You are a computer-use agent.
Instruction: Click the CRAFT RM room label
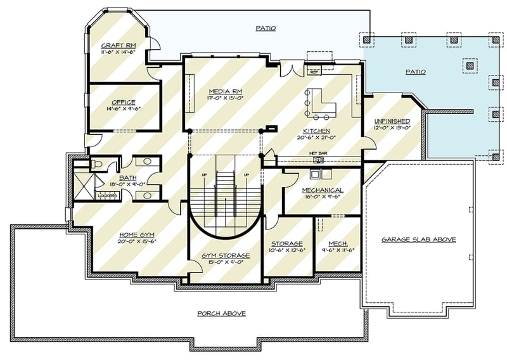point(117,46)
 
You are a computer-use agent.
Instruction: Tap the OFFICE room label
point(123,101)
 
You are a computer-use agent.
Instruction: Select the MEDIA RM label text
point(226,91)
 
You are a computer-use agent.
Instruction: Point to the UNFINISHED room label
point(392,120)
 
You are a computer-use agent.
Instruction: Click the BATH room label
point(128,178)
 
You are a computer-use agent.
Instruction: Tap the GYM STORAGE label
point(226,255)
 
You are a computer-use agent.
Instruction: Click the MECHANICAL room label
point(323,190)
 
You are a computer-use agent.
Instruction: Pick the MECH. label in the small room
point(337,243)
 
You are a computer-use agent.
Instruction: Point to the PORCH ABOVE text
point(221,314)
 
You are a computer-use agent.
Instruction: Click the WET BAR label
point(318,153)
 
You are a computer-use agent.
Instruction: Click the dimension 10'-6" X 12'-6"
point(286,250)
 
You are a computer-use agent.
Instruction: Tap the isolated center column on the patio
point(470,64)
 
